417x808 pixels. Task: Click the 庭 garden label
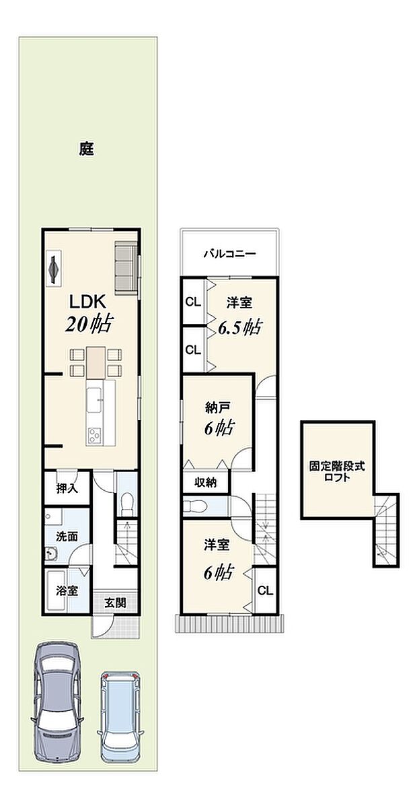pyautogui.click(x=85, y=149)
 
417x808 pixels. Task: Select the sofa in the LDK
pyautogui.click(x=126, y=267)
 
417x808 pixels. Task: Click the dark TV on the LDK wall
pyautogui.click(x=54, y=268)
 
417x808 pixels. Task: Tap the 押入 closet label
pyautogui.click(x=67, y=488)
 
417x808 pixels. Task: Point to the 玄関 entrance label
pyautogui.click(x=114, y=603)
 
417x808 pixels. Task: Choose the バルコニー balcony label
pyautogui.click(x=229, y=255)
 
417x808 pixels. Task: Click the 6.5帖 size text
pyautogui.click(x=239, y=327)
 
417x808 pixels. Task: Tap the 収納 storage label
pyautogui.click(x=205, y=482)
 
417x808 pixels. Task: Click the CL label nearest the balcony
pyautogui.click(x=193, y=302)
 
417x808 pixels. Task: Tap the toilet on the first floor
pyautogui.click(x=125, y=502)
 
